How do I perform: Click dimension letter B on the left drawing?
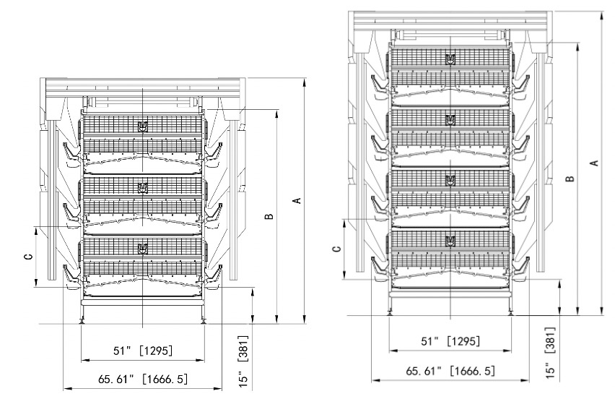click(269, 216)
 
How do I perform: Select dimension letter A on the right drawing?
click(594, 163)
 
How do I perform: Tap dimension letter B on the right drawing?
click(570, 178)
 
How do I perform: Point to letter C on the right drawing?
click(336, 249)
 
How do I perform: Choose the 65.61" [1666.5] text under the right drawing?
click(450, 371)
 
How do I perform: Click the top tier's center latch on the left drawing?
click(142, 126)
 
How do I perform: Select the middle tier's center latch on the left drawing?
click(142, 188)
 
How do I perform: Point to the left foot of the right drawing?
click(391, 313)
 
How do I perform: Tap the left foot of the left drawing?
click(82, 321)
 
